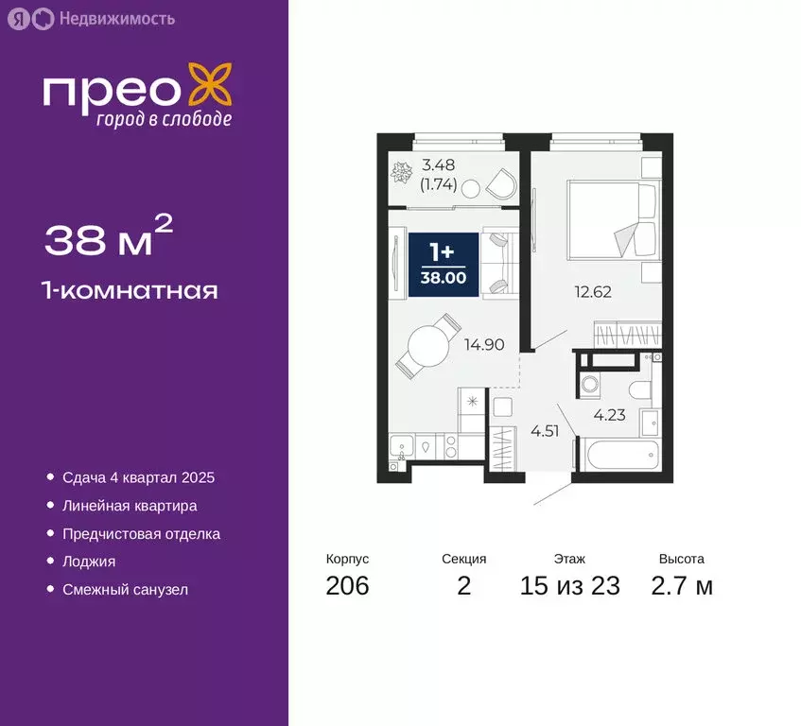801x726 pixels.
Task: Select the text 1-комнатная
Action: point(131,290)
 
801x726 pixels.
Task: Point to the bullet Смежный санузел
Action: point(125,589)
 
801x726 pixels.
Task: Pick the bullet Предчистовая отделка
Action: point(141,533)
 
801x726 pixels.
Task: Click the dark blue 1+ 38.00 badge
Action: point(444,263)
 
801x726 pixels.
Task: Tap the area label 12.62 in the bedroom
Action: point(593,292)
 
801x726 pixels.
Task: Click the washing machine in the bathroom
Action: point(590,386)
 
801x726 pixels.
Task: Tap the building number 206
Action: point(347,586)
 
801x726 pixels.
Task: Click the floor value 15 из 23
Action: point(569,586)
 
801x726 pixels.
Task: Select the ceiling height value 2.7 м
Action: point(681,586)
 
